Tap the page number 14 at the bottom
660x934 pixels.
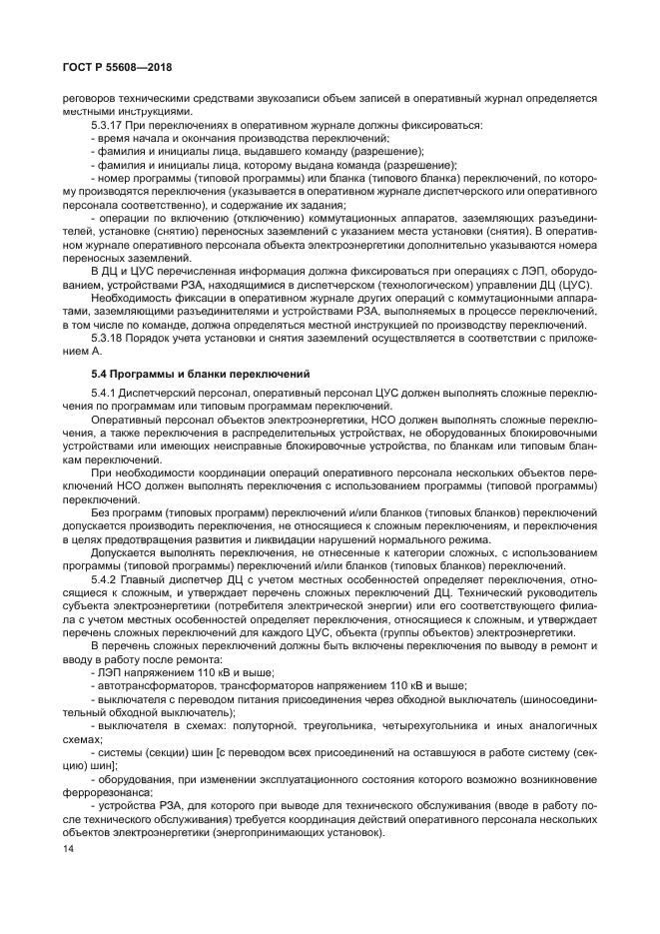point(69,849)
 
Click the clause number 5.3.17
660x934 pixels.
point(107,125)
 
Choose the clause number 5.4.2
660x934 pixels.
point(104,580)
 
